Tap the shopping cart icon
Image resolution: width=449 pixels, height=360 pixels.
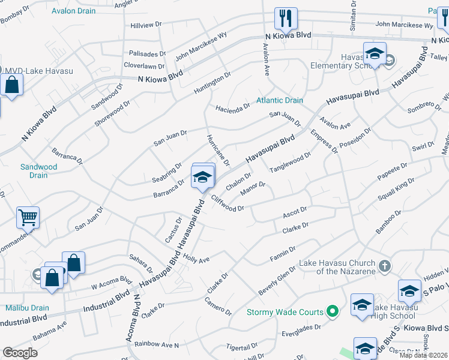pyautogui.click(x=28, y=217)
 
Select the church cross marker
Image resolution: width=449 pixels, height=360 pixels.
pyautogui.click(x=385, y=265)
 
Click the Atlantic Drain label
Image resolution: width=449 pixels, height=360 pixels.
pyautogui.click(x=280, y=100)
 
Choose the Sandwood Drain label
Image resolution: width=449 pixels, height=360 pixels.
pyautogui.click(x=38, y=171)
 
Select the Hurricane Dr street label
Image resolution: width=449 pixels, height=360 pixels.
pyautogui.click(x=218, y=150)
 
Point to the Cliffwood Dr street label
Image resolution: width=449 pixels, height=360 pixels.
pyautogui.click(x=227, y=203)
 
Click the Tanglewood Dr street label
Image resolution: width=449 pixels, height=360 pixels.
pyautogui.click(x=291, y=161)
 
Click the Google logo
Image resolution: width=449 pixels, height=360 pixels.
pyautogui.click(x=20, y=353)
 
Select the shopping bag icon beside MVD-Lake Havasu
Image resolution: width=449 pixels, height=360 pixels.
pyautogui.click(x=12, y=85)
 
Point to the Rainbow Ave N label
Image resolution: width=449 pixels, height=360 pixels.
pyautogui.click(x=157, y=344)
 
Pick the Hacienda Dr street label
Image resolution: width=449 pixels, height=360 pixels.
pyautogui.click(x=234, y=107)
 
